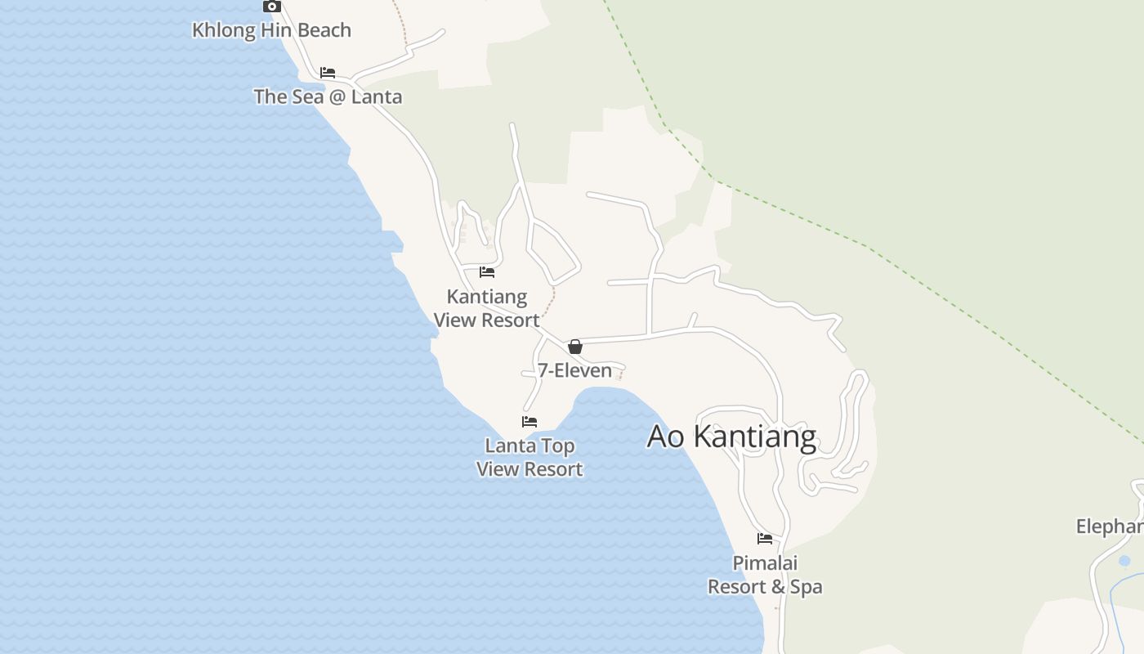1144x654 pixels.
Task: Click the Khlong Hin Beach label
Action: coord(271,30)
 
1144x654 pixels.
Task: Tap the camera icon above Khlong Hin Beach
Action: coord(272,6)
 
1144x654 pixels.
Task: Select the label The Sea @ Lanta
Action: coord(328,96)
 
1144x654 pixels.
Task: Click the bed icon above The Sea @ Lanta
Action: coord(328,73)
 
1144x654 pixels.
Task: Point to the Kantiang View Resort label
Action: coord(487,308)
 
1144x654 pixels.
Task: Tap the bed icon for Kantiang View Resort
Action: coord(487,271)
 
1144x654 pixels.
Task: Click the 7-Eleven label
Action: coord(574,370)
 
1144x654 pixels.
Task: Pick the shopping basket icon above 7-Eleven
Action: coord(575,347)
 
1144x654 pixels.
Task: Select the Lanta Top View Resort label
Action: coord(530,457)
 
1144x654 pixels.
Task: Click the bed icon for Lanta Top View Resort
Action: coord(530,422)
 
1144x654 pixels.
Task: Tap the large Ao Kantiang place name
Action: coord(731,437)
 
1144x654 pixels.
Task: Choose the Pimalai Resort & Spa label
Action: coord(765,575)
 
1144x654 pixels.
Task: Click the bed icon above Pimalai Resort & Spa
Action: coord(765,538)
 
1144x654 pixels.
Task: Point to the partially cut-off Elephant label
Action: coord(1110,526)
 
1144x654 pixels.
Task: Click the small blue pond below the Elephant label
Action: coord(1124,561)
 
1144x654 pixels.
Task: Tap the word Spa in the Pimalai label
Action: coord(806,587)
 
